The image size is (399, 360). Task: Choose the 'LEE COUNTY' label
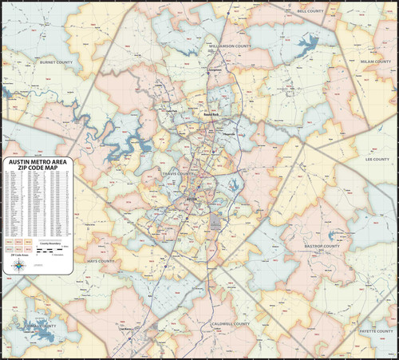tap(376, 159)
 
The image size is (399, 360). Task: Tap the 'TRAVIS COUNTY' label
tap(177, 173)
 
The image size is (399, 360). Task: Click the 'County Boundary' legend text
tap(51, 247)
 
